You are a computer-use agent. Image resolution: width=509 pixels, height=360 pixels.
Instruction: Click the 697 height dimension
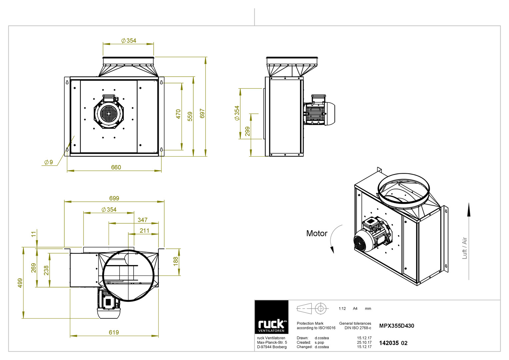point(202,114)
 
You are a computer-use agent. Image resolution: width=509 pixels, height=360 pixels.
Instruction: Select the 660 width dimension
point(116,167)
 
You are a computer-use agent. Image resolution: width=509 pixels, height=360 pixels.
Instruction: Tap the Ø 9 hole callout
point(49,162)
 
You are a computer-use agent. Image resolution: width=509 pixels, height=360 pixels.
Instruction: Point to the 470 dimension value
point(178,114)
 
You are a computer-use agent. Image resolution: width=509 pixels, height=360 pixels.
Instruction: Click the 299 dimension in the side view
point(247,131)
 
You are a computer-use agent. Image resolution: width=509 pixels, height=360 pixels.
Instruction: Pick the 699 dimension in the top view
point(114,198)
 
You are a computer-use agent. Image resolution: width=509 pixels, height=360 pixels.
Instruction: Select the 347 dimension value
point(142,220)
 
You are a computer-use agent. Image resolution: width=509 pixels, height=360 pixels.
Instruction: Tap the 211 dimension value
point(144,230)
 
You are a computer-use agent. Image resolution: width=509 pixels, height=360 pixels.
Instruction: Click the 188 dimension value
point(176,261)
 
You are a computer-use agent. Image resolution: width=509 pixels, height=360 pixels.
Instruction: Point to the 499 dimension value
point(20,283)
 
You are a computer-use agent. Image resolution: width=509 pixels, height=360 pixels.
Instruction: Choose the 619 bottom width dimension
point(114,332)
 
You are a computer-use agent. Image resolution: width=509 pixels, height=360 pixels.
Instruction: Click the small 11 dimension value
point(34,234)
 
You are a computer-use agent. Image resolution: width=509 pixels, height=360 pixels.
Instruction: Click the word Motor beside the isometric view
point(317,233)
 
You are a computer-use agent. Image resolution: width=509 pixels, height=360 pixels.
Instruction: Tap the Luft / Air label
point(464,248)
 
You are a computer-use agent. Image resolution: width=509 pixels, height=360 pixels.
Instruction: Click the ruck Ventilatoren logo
point(272,317)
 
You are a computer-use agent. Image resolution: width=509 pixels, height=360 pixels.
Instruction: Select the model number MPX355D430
point(397,326)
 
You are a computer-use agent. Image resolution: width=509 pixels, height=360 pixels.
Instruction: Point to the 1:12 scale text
point(342,308)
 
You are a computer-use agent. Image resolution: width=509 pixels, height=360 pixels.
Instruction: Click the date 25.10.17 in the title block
point(364,342)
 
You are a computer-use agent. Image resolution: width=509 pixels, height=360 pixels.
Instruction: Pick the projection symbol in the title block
point(312,309)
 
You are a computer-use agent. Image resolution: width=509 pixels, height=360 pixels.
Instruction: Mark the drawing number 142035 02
point(393,343)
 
